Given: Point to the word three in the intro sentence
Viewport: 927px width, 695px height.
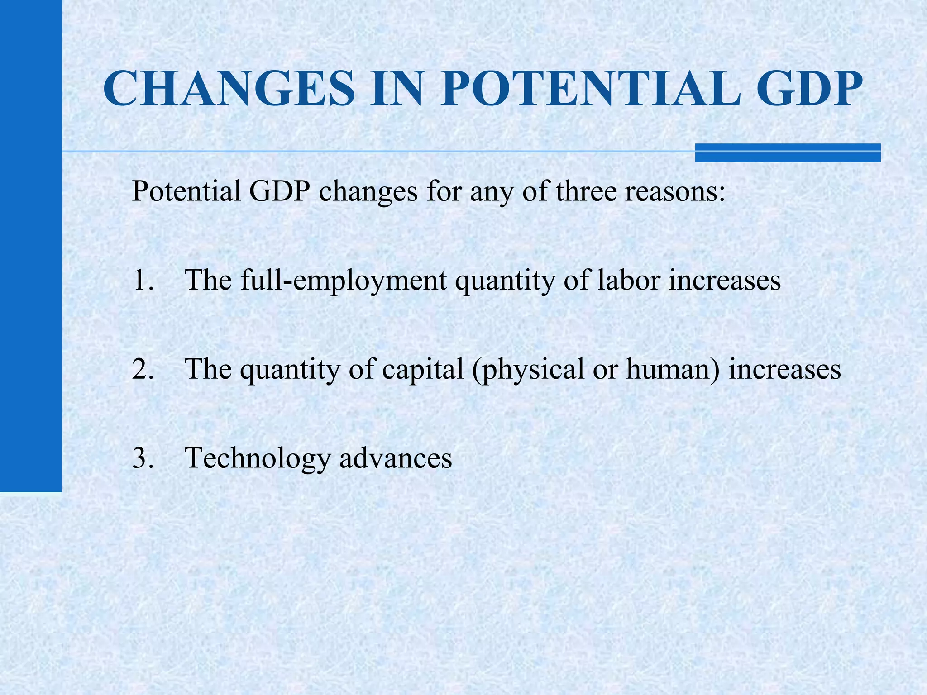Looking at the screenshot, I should click(x=586, y=191).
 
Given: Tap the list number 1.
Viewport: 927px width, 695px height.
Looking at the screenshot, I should click(x=143, y=280).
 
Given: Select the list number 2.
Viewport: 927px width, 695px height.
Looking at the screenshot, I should click(x=143, y=369).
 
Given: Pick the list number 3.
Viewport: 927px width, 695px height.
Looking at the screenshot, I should click(x=143, y=457).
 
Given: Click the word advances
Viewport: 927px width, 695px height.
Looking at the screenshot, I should click(x=396, y=458).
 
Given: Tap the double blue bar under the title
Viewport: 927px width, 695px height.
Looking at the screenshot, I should click(x=788, y=152).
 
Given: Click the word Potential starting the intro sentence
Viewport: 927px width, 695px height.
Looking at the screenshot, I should click(x=186, y=191).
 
